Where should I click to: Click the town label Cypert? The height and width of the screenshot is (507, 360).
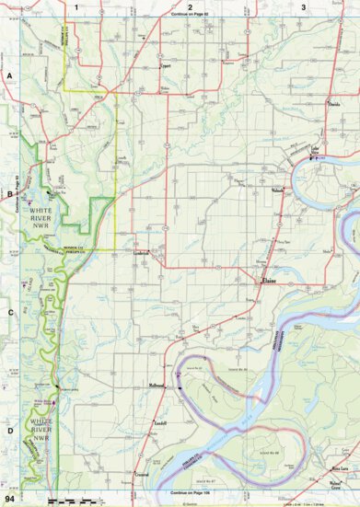point(166,67)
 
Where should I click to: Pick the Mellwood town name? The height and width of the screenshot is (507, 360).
point(157,386)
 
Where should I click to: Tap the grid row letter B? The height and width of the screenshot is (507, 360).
point(10,194)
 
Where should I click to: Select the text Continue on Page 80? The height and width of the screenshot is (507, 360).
point(190,16)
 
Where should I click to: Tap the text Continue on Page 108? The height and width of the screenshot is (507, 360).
point(190,490)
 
